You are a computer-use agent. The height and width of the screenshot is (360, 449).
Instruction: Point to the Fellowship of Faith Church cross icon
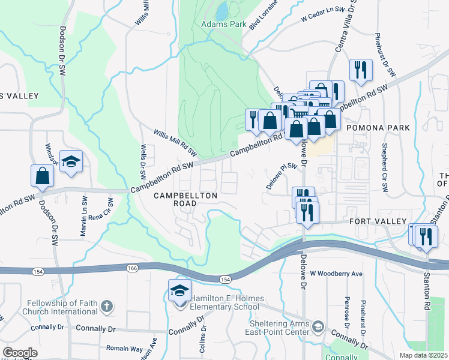[106, 307]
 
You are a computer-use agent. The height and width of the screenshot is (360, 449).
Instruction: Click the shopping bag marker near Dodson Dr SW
[43, 175]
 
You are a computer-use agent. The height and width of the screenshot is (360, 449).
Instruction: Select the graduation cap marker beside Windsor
[71, 161]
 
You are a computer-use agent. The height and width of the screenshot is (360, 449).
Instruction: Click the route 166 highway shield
[132, 268]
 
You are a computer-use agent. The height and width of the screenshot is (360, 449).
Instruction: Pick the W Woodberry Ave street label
[337, 274]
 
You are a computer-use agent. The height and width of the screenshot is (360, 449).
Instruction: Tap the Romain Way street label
[124, 348]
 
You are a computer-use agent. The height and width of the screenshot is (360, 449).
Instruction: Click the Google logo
[20, 353]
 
